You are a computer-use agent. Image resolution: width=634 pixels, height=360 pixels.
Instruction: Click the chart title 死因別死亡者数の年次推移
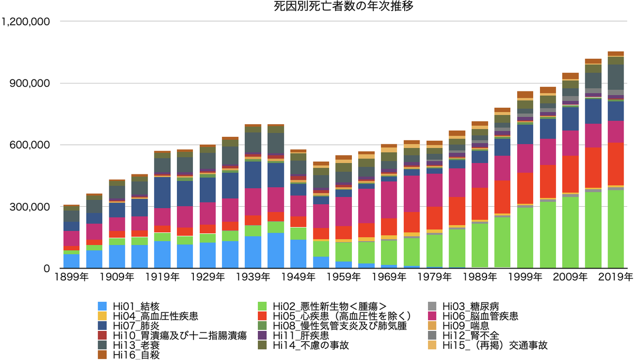[x=317, y=7]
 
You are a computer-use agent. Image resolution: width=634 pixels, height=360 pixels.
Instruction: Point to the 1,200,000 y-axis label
[x=26, y=22]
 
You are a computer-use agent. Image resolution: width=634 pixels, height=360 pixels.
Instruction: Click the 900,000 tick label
[x=31, y=84]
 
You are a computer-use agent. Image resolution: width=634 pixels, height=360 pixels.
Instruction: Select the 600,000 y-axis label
[x=31, y=145]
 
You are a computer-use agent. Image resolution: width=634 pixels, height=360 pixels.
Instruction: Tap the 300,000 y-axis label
[x=31, y=207]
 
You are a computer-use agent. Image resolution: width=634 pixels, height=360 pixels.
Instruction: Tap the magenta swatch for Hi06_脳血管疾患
[x=434, y=316]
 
